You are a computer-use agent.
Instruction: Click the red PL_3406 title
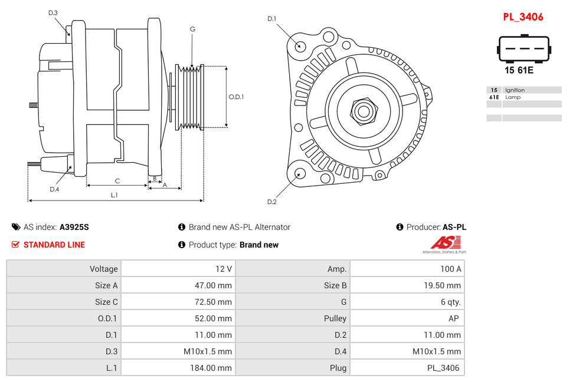coord(523,17)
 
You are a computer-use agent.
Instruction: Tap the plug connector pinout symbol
coord(523,49)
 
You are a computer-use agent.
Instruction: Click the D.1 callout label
coord(271,19)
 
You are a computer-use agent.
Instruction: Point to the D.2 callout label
coord(271,202)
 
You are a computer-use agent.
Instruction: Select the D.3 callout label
coord(53,13)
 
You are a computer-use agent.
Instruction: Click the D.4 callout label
coord(54,189)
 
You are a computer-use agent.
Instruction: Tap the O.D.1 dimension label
coord(236,97)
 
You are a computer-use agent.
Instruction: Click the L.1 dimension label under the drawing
coord(114,195)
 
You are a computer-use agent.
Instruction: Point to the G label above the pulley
coord(192,29)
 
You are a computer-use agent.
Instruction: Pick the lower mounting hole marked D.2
coord(300,173)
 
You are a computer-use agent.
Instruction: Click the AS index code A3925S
coord(74,227)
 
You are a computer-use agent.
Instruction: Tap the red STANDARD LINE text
coord(54,245)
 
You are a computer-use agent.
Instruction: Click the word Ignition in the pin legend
coord(515,90)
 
